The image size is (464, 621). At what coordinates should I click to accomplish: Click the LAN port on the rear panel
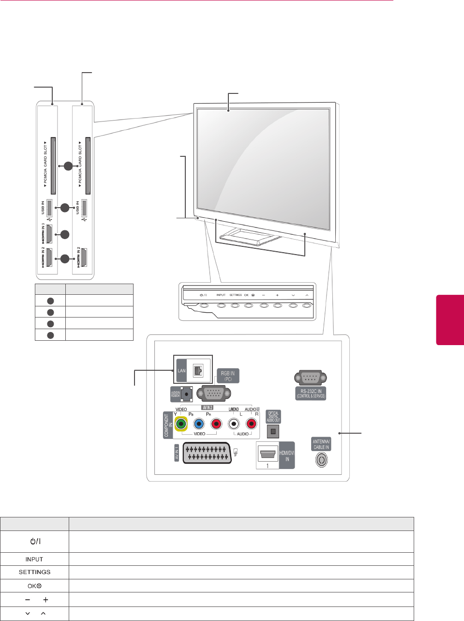197,370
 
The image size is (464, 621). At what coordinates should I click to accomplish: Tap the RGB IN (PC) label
227,376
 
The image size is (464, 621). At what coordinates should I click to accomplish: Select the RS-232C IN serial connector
310,378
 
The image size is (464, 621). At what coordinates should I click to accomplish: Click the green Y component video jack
181,424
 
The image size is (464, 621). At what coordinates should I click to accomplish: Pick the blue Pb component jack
199,424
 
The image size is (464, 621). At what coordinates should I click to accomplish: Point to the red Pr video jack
216,424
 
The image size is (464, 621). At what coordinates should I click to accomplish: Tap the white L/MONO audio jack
234,424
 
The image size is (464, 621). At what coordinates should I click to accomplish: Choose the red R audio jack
251,424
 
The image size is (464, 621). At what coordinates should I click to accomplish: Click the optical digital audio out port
273,431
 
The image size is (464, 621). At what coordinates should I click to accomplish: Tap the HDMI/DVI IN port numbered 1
268,454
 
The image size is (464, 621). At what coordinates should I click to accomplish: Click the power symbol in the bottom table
35,541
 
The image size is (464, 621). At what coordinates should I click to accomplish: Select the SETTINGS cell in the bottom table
34,572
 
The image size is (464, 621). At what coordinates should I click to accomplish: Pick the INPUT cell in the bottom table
34,559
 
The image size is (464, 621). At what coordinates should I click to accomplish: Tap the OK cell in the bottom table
34,586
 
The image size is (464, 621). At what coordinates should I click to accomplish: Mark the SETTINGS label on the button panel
235,295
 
